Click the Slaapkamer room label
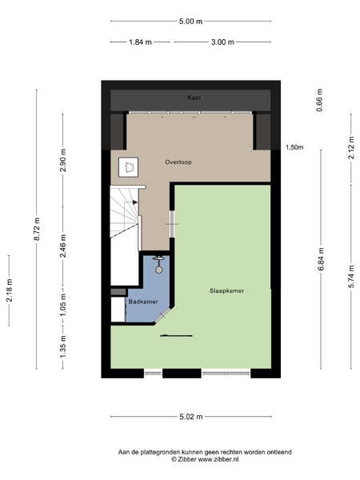coord(227,291)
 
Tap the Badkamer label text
coord(143,302)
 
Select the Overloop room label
coord(178,162)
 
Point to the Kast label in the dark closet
coord(194,98)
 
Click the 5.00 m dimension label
coord(190,22)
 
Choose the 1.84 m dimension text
coord(140,42)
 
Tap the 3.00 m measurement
coord(222,42)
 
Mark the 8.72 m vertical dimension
coord(37,229)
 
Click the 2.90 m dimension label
coord(63,160)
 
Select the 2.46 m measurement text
coord(63,246)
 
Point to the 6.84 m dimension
coord(321,259)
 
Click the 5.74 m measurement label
coord(351,277)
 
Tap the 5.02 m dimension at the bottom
coord(191,417)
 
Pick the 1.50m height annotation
coord(294,147)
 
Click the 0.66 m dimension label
coord(319,100)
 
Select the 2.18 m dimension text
coord(10,290)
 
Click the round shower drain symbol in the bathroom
coord(159,270)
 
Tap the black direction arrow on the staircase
coord(135,202)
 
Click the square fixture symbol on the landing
coord(128,167)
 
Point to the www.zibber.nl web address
coord(218,459)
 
